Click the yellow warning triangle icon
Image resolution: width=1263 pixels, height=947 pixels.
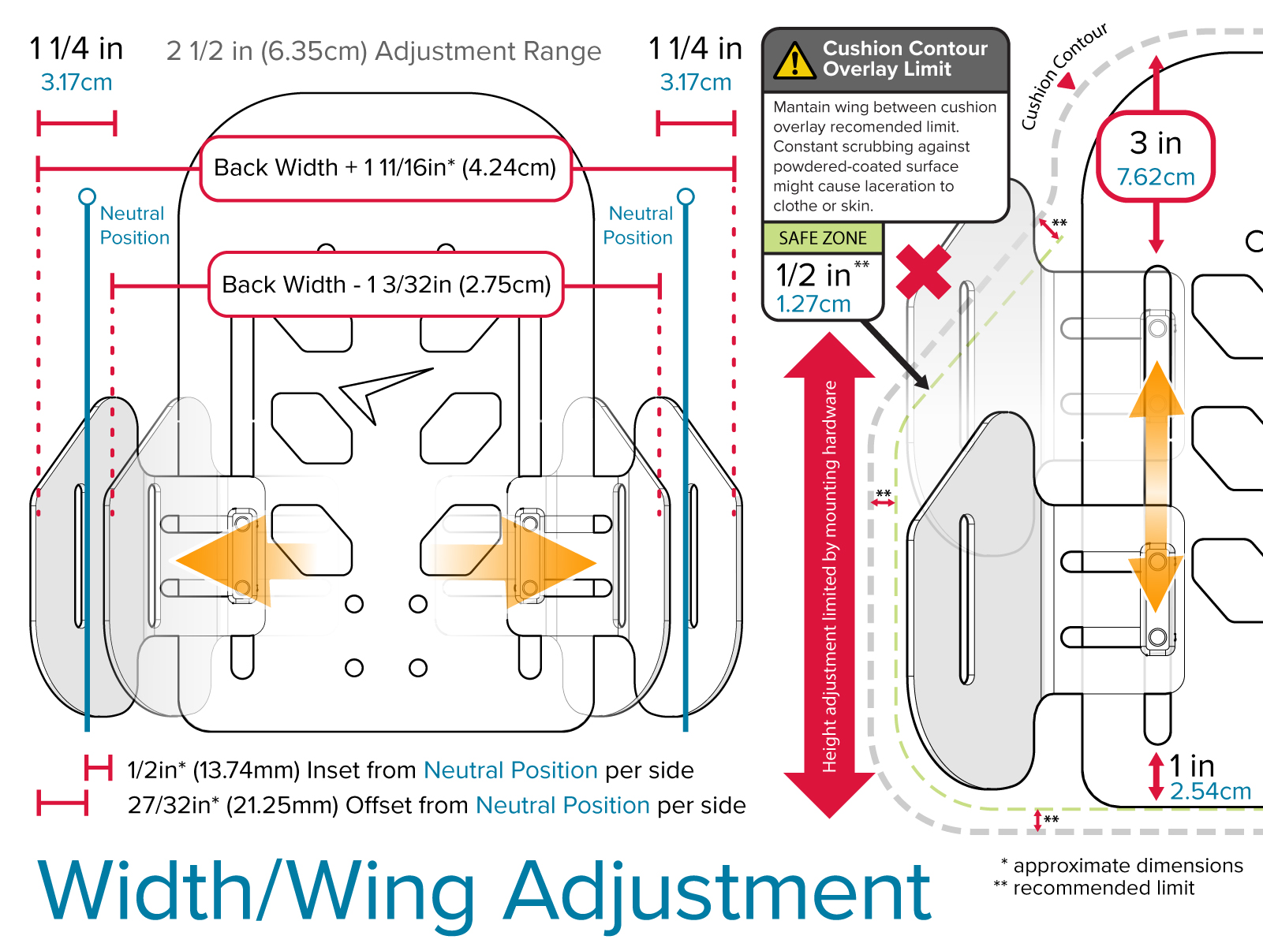point(794,61)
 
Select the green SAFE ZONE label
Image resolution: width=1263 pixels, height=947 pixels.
point(822,238)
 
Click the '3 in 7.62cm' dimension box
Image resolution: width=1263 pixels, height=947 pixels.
point(1156,158)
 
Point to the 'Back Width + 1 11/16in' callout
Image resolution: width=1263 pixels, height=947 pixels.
point(385,168)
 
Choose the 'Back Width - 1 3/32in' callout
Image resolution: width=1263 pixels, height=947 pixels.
point(386,285)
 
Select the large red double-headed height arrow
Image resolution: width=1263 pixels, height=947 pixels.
point(829,576)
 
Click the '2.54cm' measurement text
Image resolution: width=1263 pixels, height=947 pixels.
point(1210,791)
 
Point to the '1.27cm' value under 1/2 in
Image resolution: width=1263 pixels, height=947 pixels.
point(813,304)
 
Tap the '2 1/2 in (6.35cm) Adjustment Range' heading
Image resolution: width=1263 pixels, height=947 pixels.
point(383,51)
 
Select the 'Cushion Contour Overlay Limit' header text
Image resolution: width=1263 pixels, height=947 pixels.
point(904,59)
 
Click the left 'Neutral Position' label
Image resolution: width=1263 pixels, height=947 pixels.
point(133,226)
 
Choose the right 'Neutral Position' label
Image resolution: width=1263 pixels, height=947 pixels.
point(639,226)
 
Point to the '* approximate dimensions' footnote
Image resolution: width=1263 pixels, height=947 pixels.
point(1122,865)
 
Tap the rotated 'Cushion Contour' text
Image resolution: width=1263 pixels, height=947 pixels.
point(1063,76)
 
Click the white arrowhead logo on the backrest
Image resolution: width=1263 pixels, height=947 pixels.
point(379,392)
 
